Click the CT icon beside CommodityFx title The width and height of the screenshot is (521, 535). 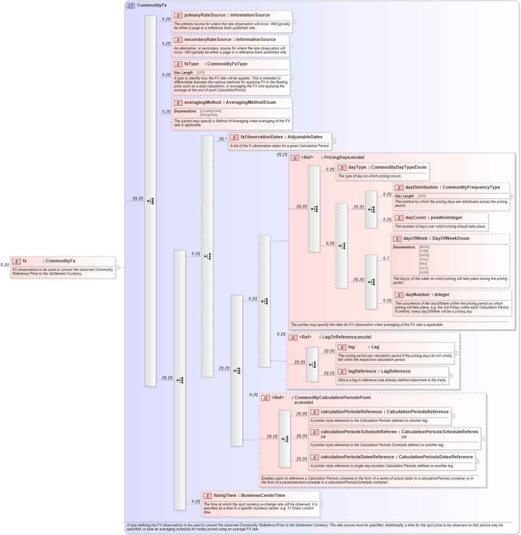pyautogui.click(x=131, y=6)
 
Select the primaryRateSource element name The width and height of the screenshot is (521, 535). pyautogui.click(x=204, y=15)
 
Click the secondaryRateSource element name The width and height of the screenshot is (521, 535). pyautogui.click(x=208, y=40)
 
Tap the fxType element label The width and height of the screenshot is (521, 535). pyautogui.click(x=191, y=64)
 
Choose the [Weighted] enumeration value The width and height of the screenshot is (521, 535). pyautogui.click(x=208, y=115)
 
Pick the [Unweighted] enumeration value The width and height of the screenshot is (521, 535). pyautogui.click(x=210, y=111)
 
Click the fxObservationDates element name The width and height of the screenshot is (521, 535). pyautogui.click(x=261, y=137)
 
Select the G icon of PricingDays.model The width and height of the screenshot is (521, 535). pyautogui.click(x=295, y=158)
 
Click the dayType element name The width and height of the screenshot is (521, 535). pyautogui.click(x=357, y=167)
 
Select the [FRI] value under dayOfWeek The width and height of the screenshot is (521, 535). pyautogui.click(x=423, y=264)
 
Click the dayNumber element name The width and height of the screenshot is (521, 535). pyautogui.click(x=417, y=295)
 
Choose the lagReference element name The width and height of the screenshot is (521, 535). pyautogui.click(x=362, y=371)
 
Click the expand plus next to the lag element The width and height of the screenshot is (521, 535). pyautogui.click(x=456, y=353)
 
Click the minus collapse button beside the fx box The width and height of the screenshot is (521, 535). pyautogui.click(x=117, y=268)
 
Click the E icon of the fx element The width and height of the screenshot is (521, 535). pyautogui.click(x=17, y=261)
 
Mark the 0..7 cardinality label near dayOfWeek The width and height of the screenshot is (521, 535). pyautogui.click(x=386, y=258)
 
